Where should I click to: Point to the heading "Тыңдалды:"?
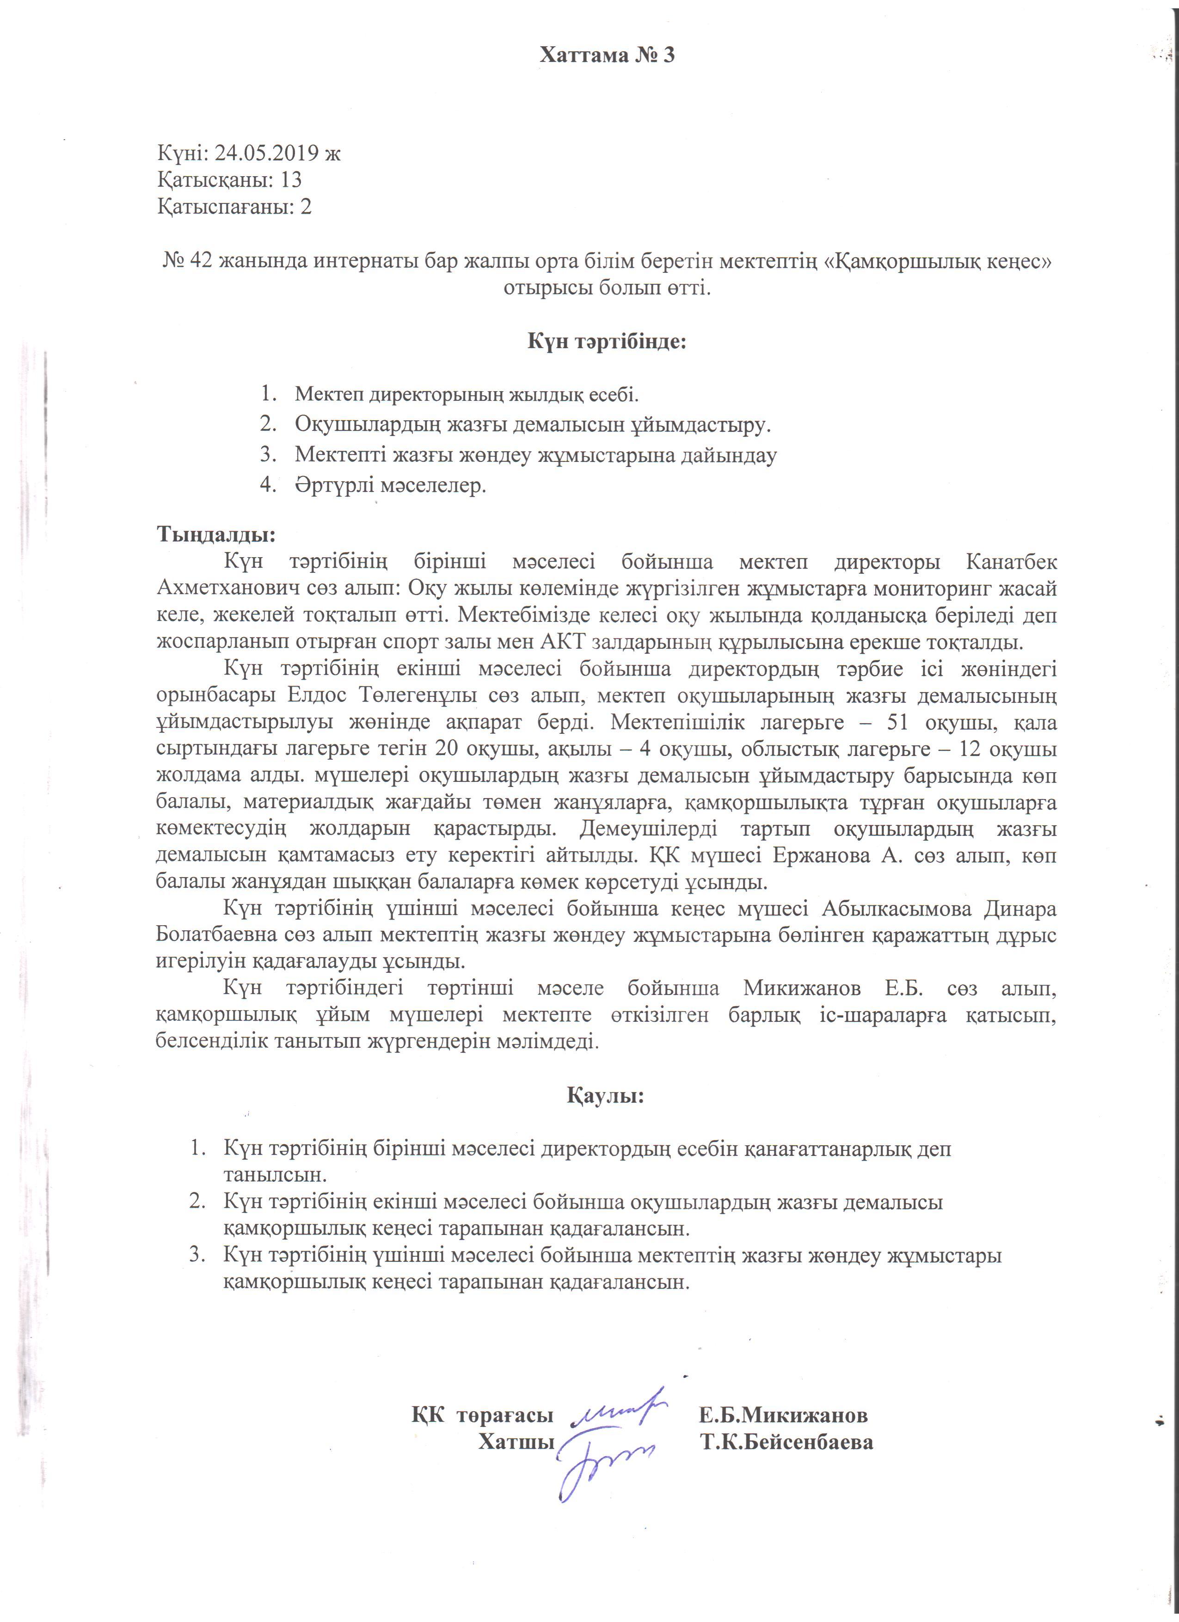click(216, 534)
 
